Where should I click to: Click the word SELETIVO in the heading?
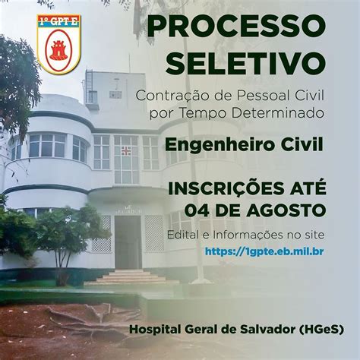click(245, 62)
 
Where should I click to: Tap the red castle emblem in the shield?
click(58, 49)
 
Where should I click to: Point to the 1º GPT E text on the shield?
click(58, 21)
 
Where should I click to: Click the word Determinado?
click(278, 113)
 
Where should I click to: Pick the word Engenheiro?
click(216, 145)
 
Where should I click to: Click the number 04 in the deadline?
click(197, 210)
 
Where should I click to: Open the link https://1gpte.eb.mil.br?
click(264, 251)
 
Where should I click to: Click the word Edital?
click(183, 235)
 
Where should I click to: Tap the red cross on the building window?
click(126, 151)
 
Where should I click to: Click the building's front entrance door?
click(128, 242)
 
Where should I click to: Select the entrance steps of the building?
click(131, 276)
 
